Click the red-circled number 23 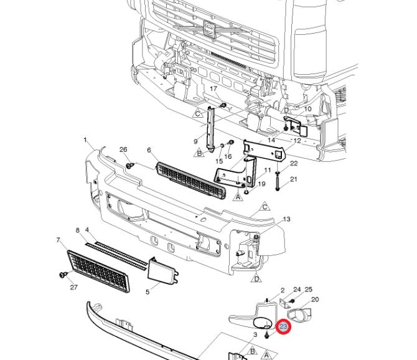(283, 326)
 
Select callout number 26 (123, 150)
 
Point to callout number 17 (213, 89)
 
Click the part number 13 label (286, 219)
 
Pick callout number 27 (73, 287)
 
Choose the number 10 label (307, 110)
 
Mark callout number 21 (294, 179)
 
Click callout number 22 (294, 164)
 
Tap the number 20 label (315, 300)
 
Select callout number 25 (308, 290)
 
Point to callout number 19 (261, 184)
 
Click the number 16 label (228, 157)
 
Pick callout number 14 (271, 141)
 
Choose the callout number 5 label (148, 291)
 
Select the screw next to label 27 (62, 274)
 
